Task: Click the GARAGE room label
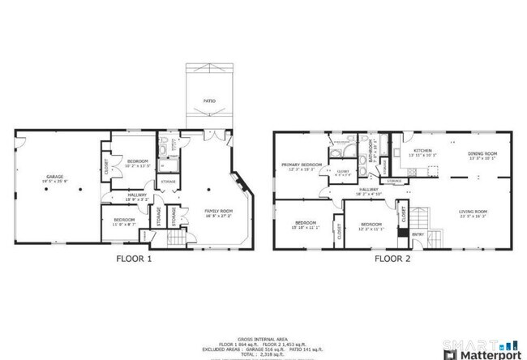pyautogui.click(x=54, y=177)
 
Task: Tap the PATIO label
pyautogui.click(x=209, y=101)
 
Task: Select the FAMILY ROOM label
pyautogui.click(x=216, y=212)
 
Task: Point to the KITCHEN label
pyautogui.click(x=423, y=151)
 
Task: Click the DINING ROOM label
pyautogui.click(x=482, y=153)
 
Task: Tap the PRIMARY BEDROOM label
pyautogui.click(x=302, y=165)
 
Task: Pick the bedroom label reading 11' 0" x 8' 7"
pyautogui.click(x=123, y=221)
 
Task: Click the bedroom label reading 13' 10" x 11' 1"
pyautogui.click(x=305, y=223)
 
